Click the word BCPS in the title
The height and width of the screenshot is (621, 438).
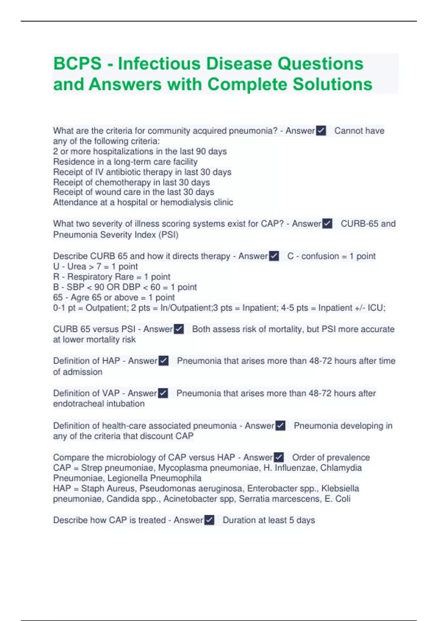coord(77,64)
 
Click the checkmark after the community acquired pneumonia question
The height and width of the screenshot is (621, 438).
coord(321,131)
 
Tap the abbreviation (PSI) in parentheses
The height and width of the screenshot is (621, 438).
coord(168,235)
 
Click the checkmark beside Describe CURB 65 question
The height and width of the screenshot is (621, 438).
coord(274,256)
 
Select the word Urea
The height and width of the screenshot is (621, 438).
coord(77,266)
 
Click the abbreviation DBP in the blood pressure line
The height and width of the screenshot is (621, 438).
coord(131,287)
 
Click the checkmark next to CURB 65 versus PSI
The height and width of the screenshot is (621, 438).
coord(179,329)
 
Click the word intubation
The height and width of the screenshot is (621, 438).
coord(126,404)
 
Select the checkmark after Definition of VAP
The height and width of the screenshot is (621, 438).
coord(163,393)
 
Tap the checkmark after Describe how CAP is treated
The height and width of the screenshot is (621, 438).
coord(210,520)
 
